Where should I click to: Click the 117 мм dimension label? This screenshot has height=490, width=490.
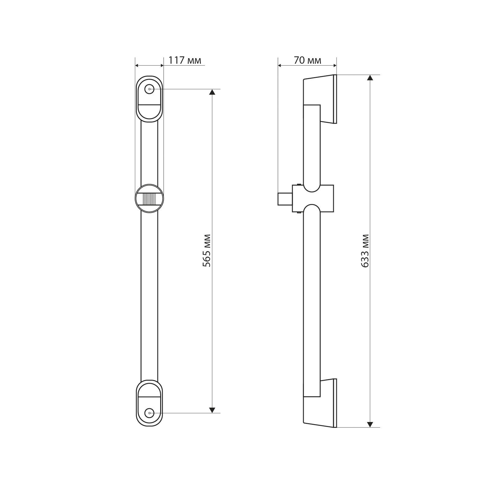click(x=185, y=60)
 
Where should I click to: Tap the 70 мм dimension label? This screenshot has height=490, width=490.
click(x=307, y=60)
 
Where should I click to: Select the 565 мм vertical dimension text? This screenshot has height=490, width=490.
click(x=207, y=251)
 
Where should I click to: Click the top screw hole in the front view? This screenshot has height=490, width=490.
click(x=149, y=89)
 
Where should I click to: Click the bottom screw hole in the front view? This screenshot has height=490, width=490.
click(x=149, y=413)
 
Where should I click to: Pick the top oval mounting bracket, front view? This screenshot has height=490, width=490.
click(x=149, y=99)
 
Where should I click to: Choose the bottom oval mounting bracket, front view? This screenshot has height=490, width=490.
click(x=149, y=403)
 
